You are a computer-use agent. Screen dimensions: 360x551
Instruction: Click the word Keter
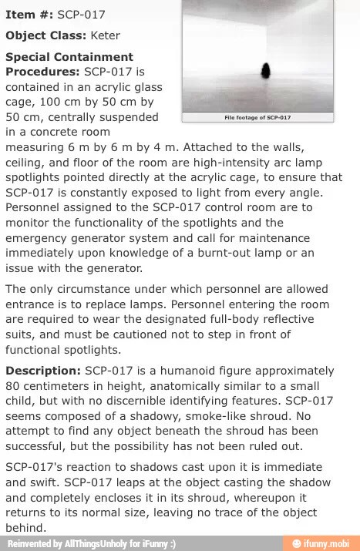pyautogui.click(x=106, y=35)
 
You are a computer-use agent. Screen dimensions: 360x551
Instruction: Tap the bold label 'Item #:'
pyautogui.click(x=29, y=15)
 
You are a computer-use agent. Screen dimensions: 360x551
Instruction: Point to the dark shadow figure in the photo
pyautogui.click(x=267, y=71)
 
